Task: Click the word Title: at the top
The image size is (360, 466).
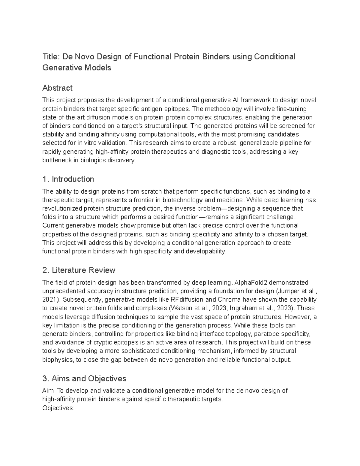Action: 51,57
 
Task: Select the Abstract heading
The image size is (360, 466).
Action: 57,88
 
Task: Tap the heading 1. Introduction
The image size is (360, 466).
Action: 68,179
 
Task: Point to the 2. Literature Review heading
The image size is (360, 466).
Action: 79,270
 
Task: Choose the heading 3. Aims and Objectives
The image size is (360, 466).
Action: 84,379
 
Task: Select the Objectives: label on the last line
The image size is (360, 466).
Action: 58,408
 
